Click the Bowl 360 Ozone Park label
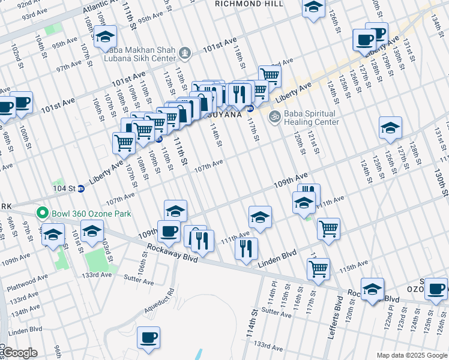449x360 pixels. click(89, 213)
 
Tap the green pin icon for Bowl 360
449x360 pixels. click(41, 213)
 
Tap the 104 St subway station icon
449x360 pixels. click(81, 188)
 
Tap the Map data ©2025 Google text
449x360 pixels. click(411, 355)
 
